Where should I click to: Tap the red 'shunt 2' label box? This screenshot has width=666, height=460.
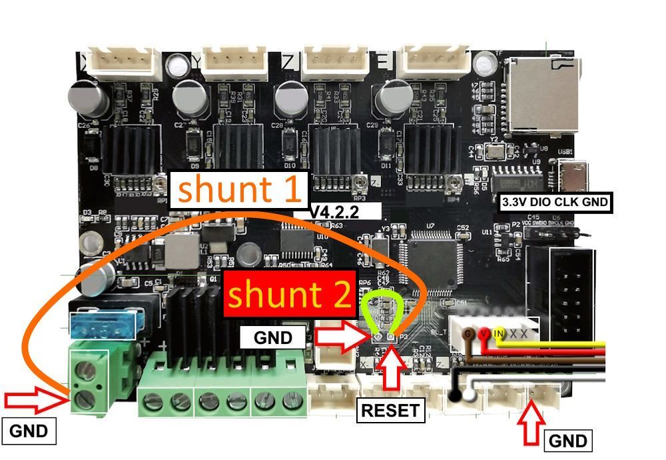click(x=290, y=294)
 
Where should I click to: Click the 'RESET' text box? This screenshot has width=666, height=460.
click(x=391, y=409)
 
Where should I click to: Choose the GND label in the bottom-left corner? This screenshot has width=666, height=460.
click(x=29, y=431)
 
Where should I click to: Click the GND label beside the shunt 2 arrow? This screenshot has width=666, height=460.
click(x=273, y=338)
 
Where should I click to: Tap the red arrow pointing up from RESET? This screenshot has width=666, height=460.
click(x=392, y=371)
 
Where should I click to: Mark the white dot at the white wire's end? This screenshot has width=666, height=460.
click(x=470, y=396)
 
